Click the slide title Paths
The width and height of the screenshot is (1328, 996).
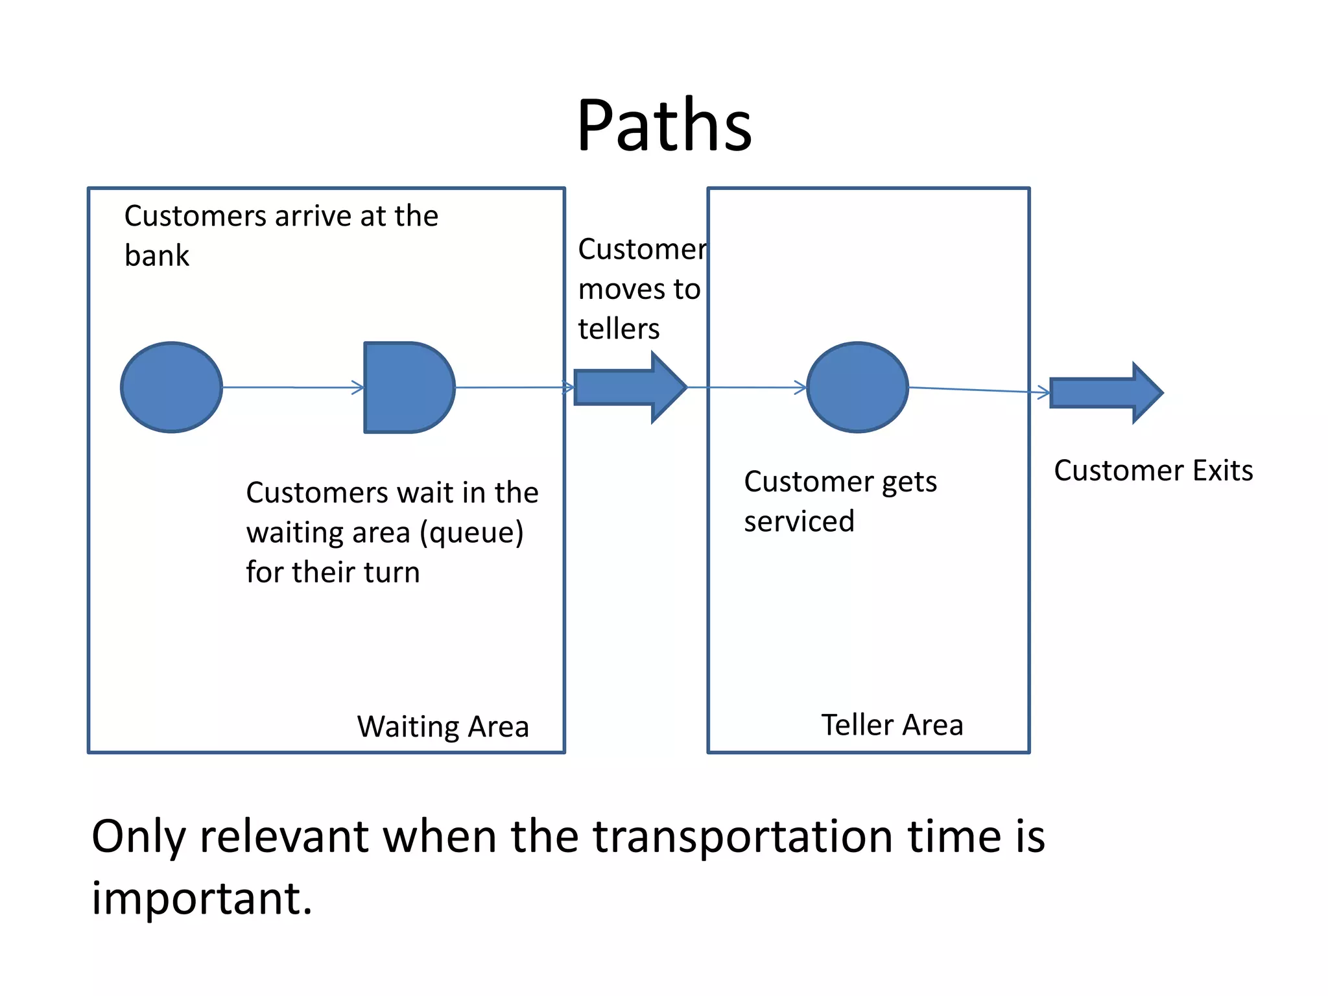point(664,124)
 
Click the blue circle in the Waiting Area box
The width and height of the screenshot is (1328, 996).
point(172,387)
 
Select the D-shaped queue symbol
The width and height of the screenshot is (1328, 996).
point(407,387)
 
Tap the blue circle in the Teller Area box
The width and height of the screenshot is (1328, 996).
point(857,387)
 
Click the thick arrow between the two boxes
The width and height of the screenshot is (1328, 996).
point(629,387)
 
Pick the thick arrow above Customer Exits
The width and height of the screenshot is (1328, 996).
point(1106,393)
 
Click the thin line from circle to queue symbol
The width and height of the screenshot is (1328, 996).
point(292,387)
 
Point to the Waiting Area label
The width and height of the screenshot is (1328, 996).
point(443,726)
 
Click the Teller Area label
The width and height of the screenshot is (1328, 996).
point(892,724)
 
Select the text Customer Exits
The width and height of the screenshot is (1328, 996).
point(1153,470)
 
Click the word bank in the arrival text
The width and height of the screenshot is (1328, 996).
point(156,255)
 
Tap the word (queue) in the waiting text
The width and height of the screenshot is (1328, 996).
point(471,533)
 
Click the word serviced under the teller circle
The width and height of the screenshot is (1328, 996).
point(799,521)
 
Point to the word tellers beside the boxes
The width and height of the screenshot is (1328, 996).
point(619,329)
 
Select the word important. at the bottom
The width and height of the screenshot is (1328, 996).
point(202,898)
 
